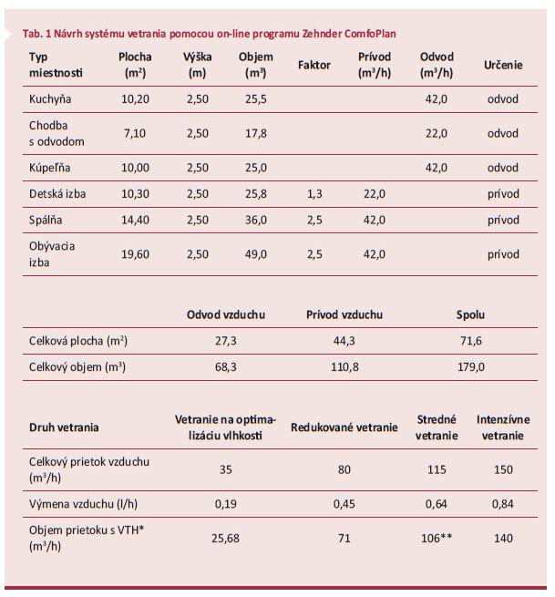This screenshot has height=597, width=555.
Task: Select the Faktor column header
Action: [313, 65]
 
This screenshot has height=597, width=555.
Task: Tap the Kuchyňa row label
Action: [51, 98]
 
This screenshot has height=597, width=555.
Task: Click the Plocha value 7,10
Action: [134, 132]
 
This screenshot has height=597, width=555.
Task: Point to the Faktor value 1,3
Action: [313, 194]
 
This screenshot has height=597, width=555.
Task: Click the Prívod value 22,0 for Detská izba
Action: [374, 194]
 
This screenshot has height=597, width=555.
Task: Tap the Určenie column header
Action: [503, 65]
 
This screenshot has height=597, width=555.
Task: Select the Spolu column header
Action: [470, 314]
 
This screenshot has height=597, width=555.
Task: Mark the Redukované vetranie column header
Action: [344, 427]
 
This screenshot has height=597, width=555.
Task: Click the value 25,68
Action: [225, 539]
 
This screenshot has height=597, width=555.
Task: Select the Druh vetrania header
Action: [65, 427]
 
